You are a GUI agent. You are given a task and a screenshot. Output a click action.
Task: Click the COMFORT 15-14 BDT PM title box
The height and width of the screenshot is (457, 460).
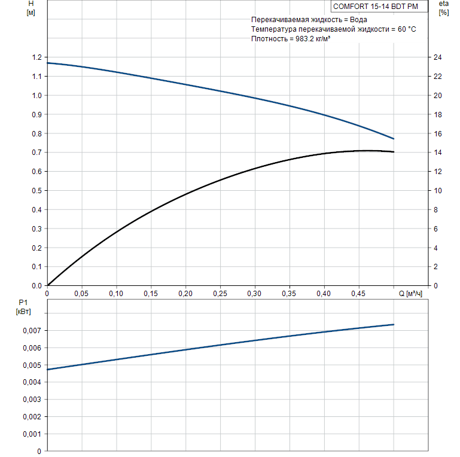click(379, 7)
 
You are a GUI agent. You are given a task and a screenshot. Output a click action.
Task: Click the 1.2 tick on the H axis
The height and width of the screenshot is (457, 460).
click(37, 57)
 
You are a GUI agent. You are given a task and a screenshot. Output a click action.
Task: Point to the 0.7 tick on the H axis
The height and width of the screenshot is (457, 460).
click(37, 153)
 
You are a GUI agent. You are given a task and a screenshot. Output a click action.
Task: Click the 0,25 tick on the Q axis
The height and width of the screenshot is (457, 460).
click(220, 294)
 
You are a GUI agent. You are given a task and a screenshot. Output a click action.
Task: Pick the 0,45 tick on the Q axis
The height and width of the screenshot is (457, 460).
click(358, 294)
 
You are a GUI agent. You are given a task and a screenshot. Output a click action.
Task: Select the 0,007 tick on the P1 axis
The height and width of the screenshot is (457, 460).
click(32, 331)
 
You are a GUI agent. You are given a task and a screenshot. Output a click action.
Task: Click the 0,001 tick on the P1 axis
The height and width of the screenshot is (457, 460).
click(32, 434)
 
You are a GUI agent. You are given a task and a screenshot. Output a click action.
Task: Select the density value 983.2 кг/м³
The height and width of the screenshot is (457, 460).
click(309, 39)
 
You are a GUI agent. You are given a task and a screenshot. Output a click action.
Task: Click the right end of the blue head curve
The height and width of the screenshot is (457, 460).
click(394, 139)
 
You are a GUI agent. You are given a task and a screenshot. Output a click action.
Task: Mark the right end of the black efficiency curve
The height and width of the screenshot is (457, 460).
click(394, 152)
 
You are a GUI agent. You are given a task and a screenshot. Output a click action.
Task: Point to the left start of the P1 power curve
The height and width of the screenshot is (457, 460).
click(47, 369)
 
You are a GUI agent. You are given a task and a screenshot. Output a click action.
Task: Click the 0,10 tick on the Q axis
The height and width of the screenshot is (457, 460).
click(116, 294)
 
